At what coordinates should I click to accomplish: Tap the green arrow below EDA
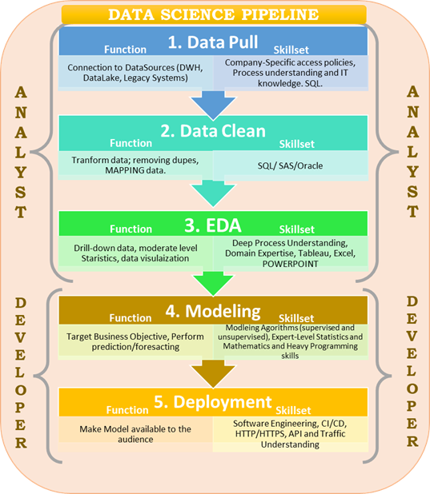(213, 280)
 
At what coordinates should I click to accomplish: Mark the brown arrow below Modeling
(213, 371)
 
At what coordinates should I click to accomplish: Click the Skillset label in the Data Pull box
(296, 49)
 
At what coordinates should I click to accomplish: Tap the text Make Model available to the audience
(135, 434)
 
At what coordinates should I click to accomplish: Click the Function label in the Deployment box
(132, 407)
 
